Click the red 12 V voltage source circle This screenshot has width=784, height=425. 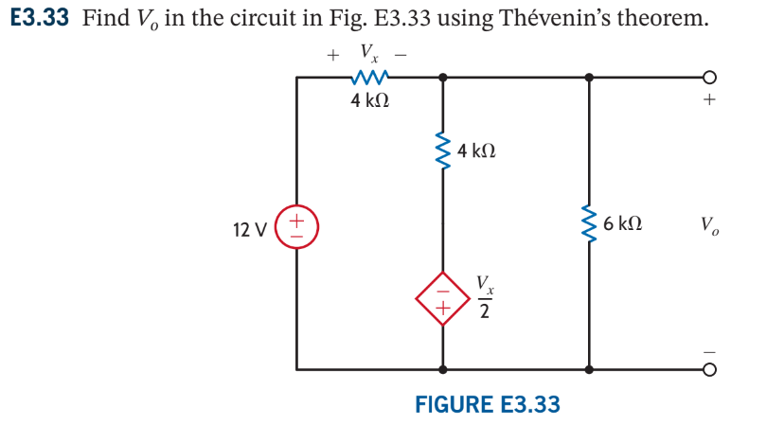pos(296,227)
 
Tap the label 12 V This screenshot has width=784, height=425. pos(250,228)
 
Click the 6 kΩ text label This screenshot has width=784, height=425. pos(623,224)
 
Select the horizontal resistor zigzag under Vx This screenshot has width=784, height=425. pos(369,79)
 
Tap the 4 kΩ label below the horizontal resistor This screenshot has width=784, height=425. pos(369,101)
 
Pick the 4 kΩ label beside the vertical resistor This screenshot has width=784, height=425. pos(476,151)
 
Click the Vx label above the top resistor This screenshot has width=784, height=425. pos(368,53)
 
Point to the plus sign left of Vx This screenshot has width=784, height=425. pos(332,55)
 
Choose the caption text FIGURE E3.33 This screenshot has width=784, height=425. pos(488,404)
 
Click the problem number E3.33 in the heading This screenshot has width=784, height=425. pos(41,19)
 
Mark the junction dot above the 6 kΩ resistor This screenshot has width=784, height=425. pos(589,79)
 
